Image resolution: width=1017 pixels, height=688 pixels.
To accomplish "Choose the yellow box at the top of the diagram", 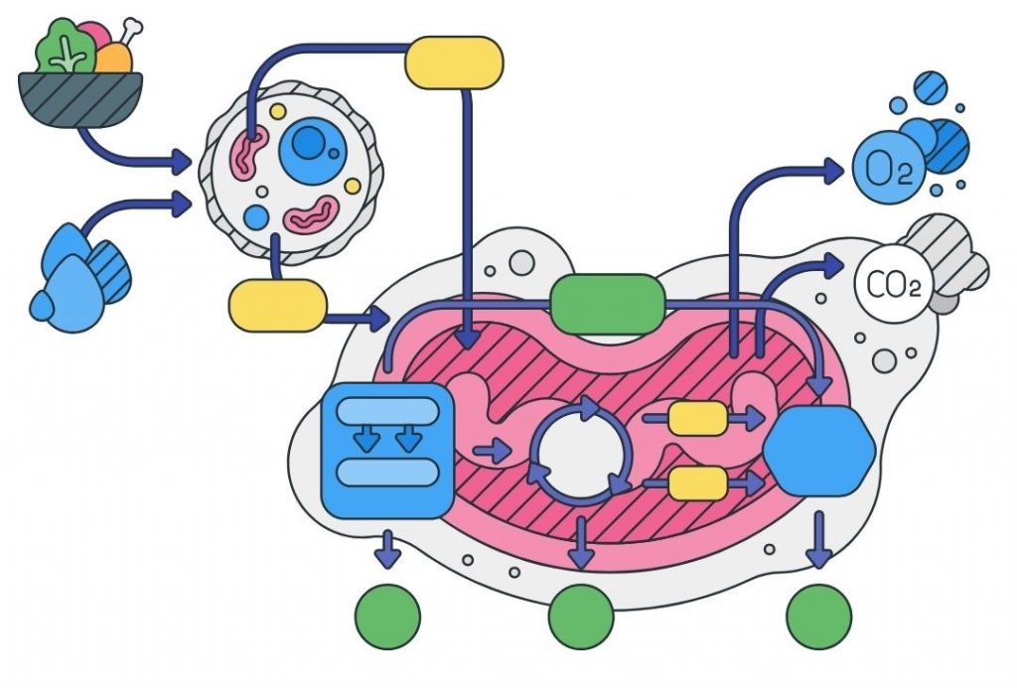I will tap(454, 63).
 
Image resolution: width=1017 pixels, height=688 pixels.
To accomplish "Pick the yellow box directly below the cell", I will tap(277, 305).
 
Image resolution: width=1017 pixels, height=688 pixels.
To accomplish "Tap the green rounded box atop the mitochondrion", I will tap(607, 304).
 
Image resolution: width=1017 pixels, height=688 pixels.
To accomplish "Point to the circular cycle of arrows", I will tap(580, 451).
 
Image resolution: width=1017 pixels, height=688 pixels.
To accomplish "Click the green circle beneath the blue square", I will tap(387, 617).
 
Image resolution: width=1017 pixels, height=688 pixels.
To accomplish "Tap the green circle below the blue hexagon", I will tap(819, 617).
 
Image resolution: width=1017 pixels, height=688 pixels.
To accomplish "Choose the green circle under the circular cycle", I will tap(581, 617).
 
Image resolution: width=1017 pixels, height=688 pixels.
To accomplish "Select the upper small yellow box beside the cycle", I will tap(697, 419).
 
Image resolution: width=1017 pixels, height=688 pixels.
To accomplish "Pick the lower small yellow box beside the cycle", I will tap(697, 482).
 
